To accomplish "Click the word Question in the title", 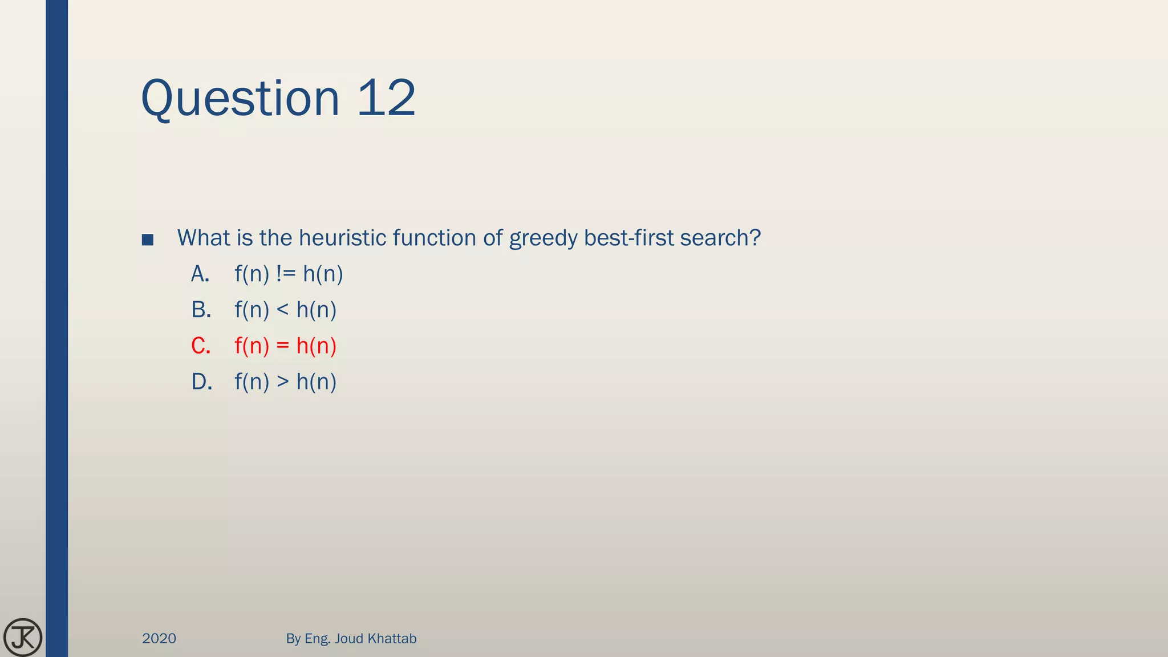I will click(x=240, y=99).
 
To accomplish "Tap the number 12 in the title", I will click(x=386, y=98).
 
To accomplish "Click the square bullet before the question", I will click(x=148, y=240).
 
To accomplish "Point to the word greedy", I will click(x=543, y=238).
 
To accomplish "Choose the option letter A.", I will click(x=200, y=274).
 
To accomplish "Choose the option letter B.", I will click(x=201, y=310).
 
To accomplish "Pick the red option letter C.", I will click(x=201, y=346).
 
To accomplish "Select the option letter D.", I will click(x=201, y=382).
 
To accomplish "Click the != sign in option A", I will click(x=286, y=274).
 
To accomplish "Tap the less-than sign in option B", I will click(x=282, y=310).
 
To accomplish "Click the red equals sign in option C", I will click(x=282, y=346).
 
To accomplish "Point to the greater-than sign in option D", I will click(x=282, y=382).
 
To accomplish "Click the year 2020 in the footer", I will click(x=159, y=638).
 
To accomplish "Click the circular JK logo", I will click(x=23, y=637).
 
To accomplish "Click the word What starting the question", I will click(x=203, y=238).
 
